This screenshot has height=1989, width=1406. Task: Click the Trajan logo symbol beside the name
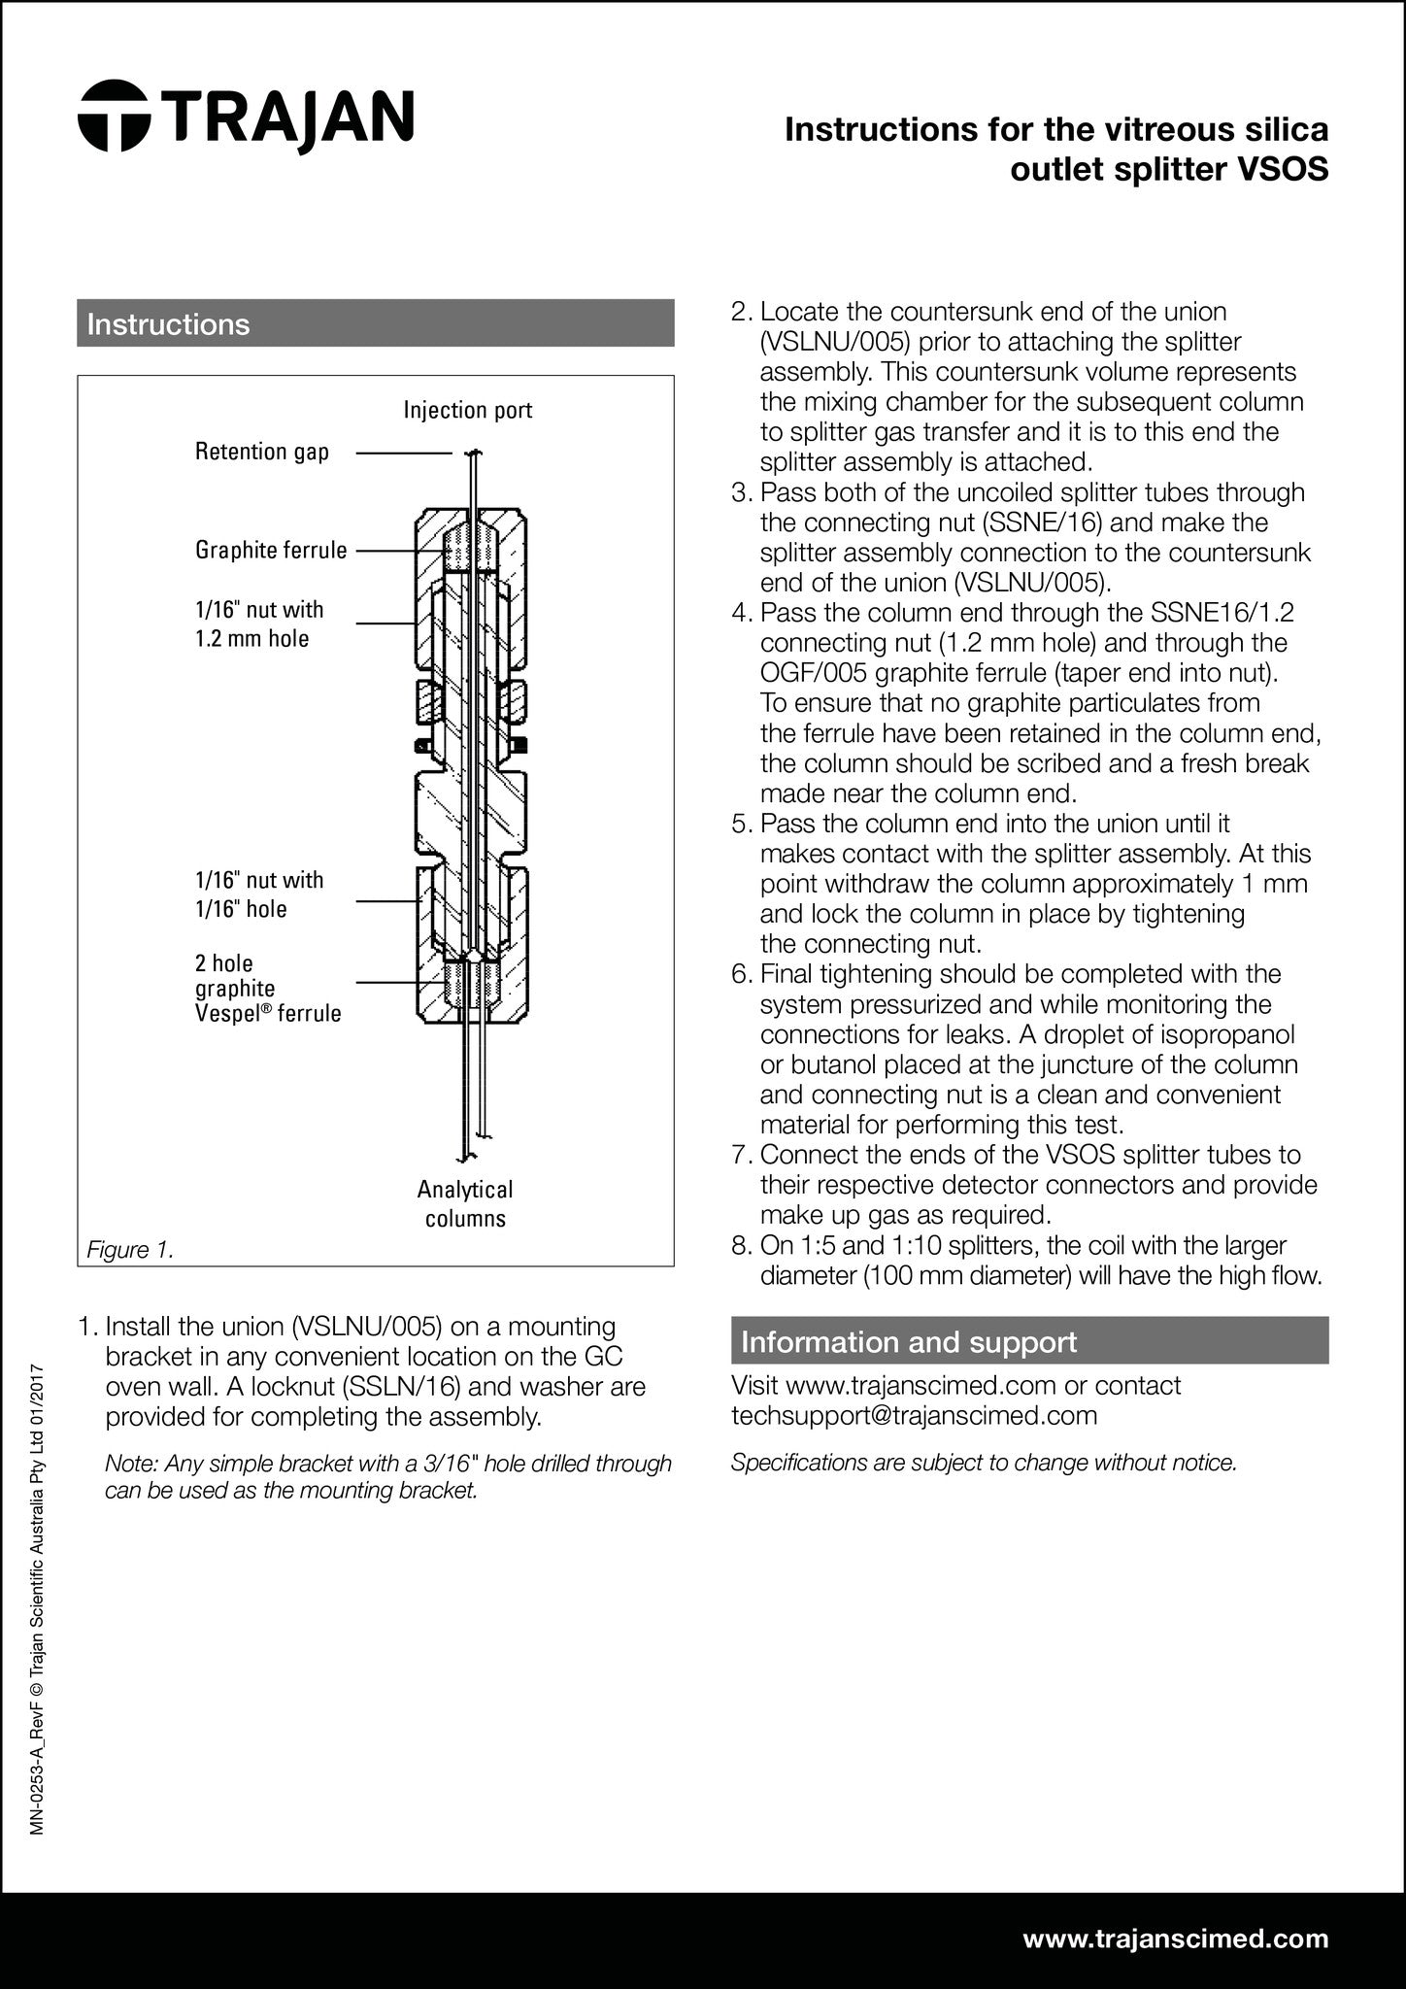(114, 116)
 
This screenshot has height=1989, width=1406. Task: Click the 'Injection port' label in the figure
(468, 410)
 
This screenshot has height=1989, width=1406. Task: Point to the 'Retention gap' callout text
(262, 452)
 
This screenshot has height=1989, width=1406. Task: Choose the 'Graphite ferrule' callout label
(271, 551)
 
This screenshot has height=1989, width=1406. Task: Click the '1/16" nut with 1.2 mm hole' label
(259, 624)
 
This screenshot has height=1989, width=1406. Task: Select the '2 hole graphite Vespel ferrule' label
(268, 989)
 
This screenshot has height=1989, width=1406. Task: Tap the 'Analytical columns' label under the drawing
(465, 1204)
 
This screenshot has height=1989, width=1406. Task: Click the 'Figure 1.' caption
(130, 1250)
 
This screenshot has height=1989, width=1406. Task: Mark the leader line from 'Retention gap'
(403, 453)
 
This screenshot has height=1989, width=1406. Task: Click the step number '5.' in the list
(743, 825)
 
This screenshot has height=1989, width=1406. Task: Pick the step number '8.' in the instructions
(743, 1245)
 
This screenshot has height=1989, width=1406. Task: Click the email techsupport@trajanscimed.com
(914, 1415)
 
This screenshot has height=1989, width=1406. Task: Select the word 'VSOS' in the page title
(1282, 170)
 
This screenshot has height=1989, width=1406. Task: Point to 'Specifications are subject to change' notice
(984, 1463)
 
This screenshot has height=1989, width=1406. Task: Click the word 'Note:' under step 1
(130, 1464)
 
